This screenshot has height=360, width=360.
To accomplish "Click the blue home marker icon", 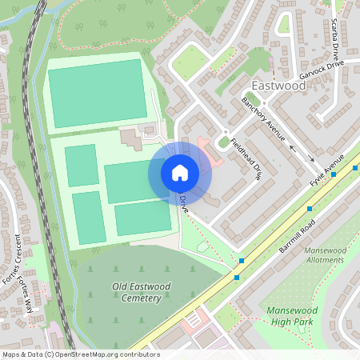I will [180, 173].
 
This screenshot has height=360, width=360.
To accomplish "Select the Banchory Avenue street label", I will [263, 120].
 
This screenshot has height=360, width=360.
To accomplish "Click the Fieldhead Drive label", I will [246, 159].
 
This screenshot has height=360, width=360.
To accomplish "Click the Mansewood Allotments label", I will [324, 254].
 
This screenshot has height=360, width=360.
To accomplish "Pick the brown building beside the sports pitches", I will [131, 139].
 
